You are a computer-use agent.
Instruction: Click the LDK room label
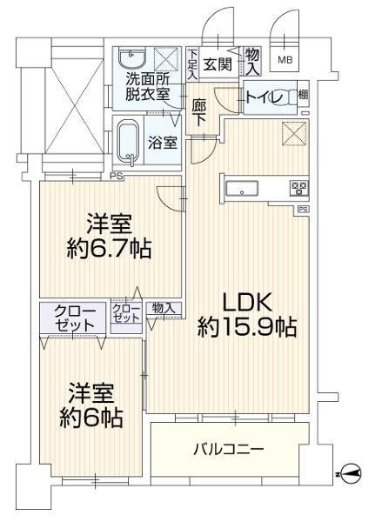click(x=247, y=302)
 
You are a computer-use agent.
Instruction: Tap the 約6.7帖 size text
click(x=110, y=248)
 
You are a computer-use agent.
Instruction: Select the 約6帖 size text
click(x=91, y=417)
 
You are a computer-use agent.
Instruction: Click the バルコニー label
click(x=229, y=450)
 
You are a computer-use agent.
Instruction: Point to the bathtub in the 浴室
click(x=129, y=142)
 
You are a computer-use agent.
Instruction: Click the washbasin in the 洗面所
click(x=132, y=59)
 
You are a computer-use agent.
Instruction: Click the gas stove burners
click(x=300, y=189)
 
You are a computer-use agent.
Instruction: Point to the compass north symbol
click(x=352, y=473)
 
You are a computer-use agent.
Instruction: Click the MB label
click(x=285, y=60)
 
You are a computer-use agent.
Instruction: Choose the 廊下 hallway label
click(x=198, y=113)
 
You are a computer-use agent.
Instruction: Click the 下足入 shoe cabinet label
click(x=192, y=64)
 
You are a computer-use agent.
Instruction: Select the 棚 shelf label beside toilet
click(x=303, y=95)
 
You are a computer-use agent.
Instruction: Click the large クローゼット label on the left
click(x=75, y=318)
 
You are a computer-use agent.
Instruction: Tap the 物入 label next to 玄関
click(x=252, y=60)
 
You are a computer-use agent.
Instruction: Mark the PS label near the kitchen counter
click(x=303, y=210)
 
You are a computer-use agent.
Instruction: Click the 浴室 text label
click(x=163, y=143)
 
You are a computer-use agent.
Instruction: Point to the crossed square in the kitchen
click(x=294, y=133)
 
